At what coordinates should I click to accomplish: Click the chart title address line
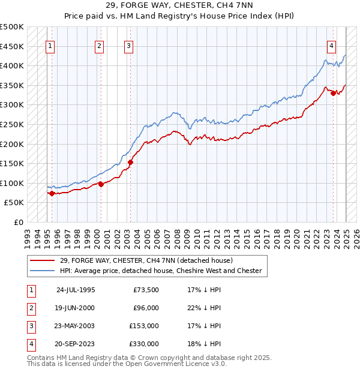point(179,6)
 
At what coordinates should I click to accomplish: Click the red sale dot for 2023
point(334,93)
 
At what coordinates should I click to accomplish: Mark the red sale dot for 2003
point(130,162)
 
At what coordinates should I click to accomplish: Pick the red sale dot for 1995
point(52,193)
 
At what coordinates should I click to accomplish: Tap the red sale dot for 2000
point(101,184)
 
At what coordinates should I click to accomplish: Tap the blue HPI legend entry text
point(161,271)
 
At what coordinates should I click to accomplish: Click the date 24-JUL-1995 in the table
point(75,290)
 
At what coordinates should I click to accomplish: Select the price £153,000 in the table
point(144,326)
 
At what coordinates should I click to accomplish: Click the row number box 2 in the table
point(30,308)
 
